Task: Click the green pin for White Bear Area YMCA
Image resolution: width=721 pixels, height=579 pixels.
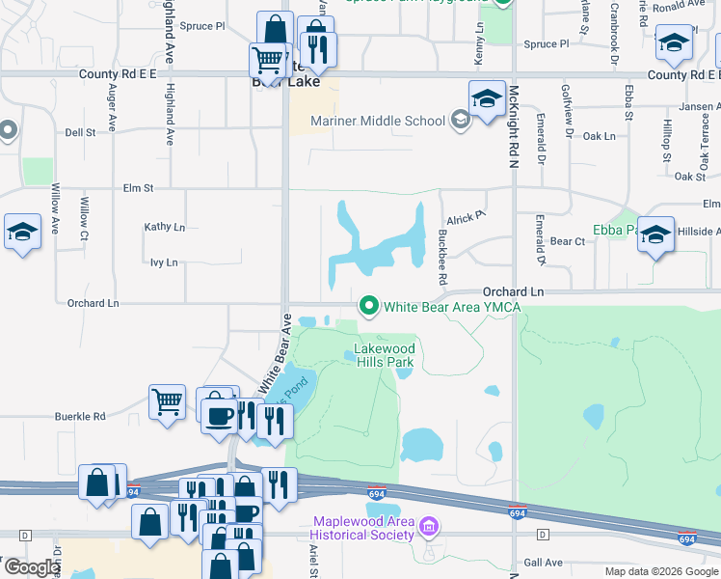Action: tap(368, 307)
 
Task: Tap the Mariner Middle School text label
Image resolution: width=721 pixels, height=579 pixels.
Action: tap(378, 121)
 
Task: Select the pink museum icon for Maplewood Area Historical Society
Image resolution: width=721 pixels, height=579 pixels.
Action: tap(430, 529)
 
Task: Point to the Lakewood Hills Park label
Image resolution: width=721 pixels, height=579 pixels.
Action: tap(384, 355)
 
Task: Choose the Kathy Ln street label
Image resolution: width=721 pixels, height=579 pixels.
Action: tap(164, 227)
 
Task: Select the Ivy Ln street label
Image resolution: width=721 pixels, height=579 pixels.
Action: tap(164, 262)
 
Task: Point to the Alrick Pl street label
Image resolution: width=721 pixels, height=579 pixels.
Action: tap(464, 218)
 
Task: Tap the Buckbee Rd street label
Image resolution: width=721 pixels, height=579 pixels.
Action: tap(441, 257)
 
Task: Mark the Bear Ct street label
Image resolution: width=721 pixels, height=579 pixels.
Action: tap(568, 241)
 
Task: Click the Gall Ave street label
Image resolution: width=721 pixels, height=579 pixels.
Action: tap(544, 563)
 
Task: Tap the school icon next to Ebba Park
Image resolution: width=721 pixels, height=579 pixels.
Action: tap(655, 234)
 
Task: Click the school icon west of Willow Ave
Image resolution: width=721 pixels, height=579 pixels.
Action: tap(22, 232)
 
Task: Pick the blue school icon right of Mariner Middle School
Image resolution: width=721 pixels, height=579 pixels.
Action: tap(487, 98)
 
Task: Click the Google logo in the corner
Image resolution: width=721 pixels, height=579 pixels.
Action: tap(32, 567)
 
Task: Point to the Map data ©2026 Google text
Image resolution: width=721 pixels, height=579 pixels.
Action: tap(661, 571)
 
